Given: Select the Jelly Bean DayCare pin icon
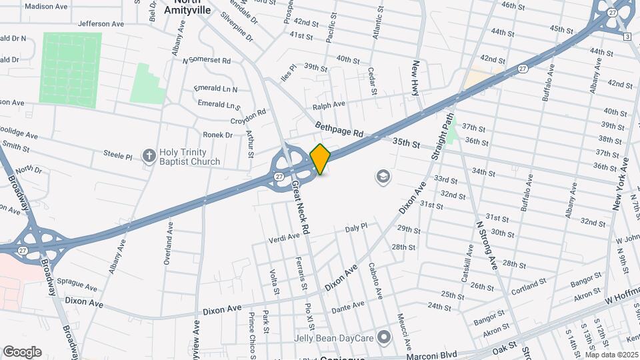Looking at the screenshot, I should pos(384,337).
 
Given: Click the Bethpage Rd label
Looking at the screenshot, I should pos(339,129).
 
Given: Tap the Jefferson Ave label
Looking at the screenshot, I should pos(101,23).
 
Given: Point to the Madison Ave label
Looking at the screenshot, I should pos(46,6).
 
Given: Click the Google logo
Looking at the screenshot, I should pos(22,351).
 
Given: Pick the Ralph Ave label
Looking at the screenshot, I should pos(329,105).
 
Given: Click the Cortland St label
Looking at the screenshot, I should pos(529,289).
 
